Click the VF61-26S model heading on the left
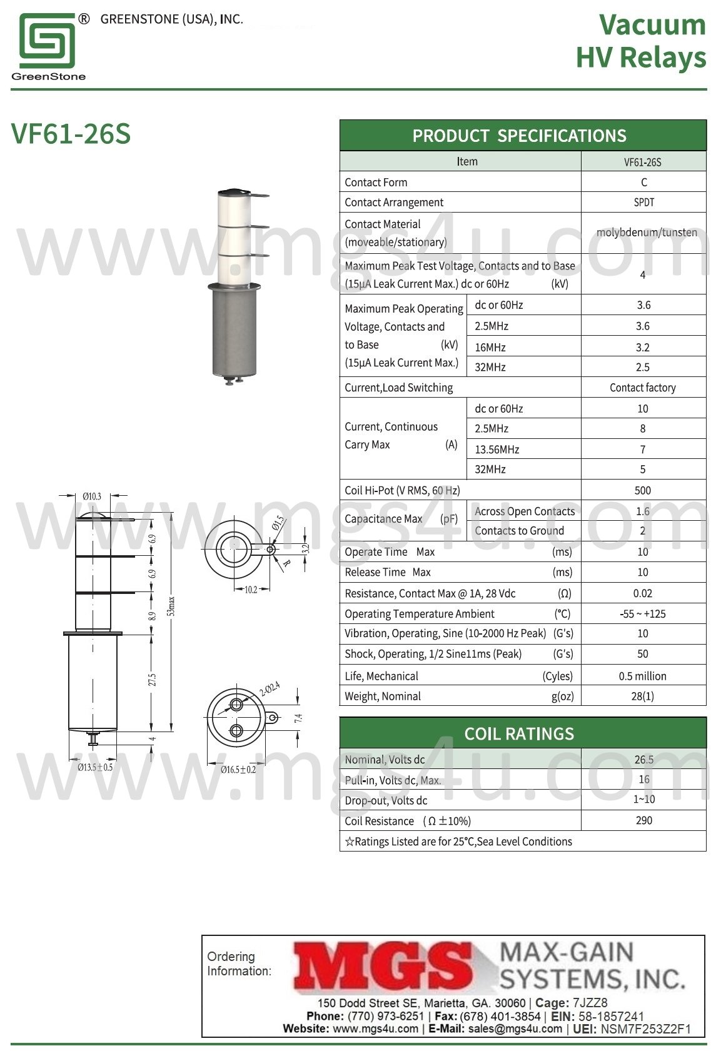tap(71, 134)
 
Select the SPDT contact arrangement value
tap(643, 202)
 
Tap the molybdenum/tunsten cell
tap(647, 233)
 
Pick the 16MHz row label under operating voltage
tap(490, 347)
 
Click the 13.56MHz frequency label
tap(497, 450)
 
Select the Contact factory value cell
tap(642, 388)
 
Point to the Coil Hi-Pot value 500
tap(642, 490)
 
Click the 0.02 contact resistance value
tap(642, 593)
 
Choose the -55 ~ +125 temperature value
tap(642, 614)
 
